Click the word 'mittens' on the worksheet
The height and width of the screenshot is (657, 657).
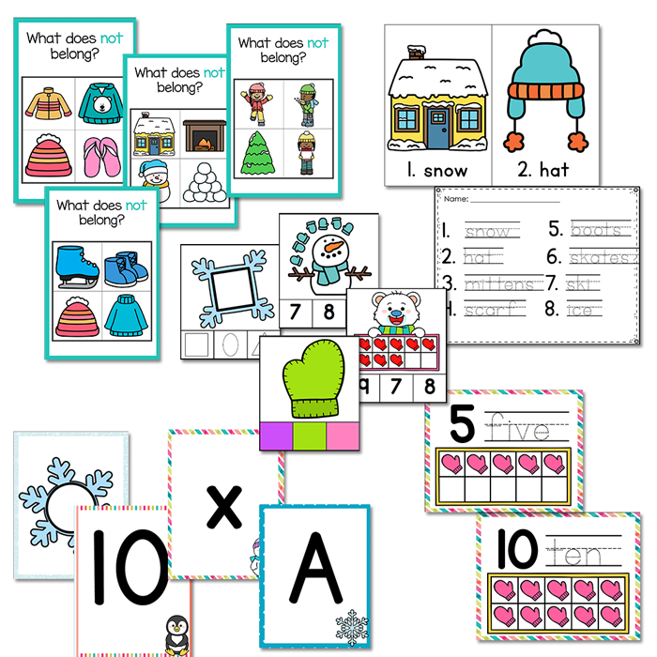click(492, 281)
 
